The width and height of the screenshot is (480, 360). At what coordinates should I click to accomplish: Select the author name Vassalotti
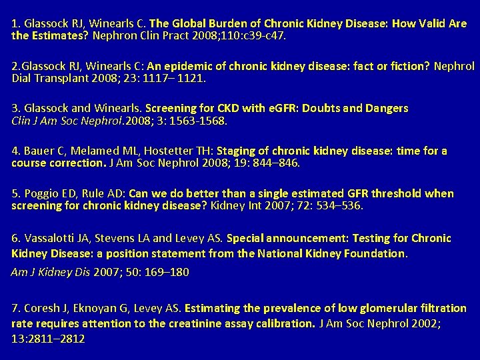48,238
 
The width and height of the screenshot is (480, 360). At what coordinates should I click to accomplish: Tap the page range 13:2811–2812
48,338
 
